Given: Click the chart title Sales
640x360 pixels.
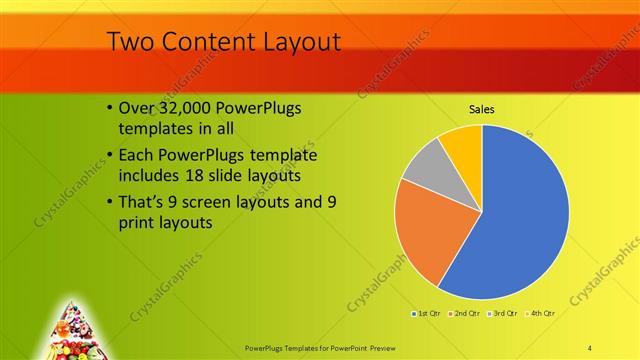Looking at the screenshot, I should point(481,109).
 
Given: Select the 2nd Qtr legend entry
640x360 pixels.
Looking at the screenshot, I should point(463,314).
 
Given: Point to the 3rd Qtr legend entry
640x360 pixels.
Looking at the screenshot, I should point(500,314).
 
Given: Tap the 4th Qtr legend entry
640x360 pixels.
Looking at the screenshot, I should point(537,314).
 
